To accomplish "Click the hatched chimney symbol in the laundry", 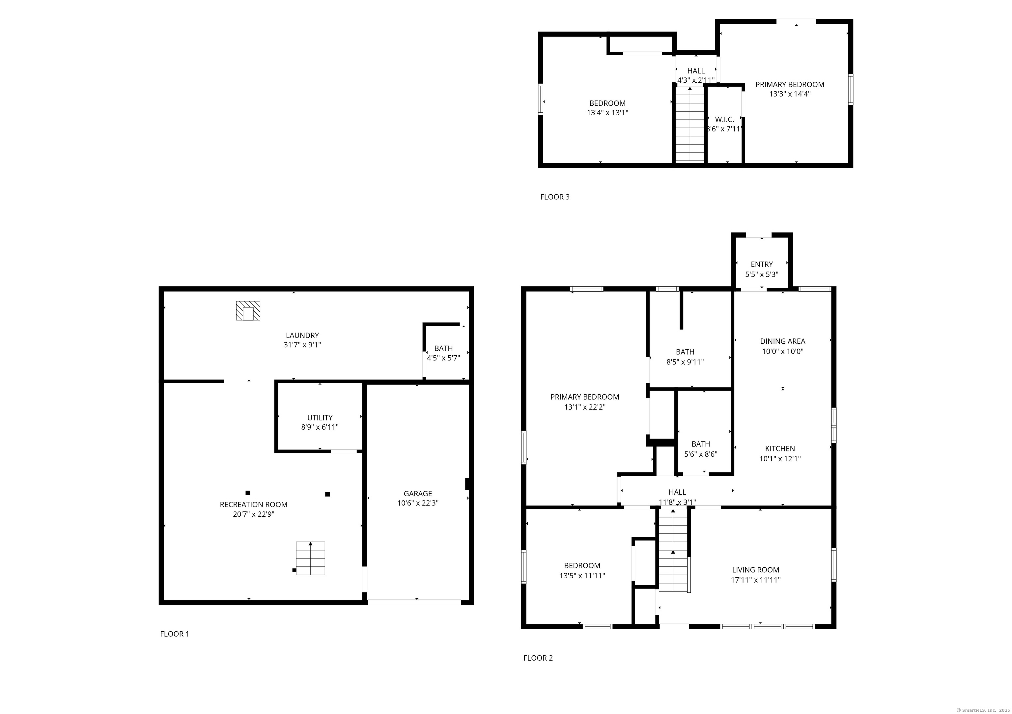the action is (248, 310).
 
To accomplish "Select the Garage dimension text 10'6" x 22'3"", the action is (418, 503).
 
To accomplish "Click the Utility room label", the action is (320, 417).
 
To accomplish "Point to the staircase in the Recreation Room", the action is (310, 558).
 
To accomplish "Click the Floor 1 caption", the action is (175, 634).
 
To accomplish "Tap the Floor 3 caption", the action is (555, 197).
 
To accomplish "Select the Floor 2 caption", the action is (538, 658).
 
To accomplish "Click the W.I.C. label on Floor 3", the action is (725, 120).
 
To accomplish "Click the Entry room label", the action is (762, 264).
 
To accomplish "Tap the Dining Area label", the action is (783, 341).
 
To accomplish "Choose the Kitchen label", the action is (780, 449).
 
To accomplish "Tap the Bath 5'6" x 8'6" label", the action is (701, 449).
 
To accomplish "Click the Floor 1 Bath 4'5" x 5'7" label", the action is (443, 353).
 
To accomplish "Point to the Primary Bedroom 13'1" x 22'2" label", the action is (585, 402).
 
